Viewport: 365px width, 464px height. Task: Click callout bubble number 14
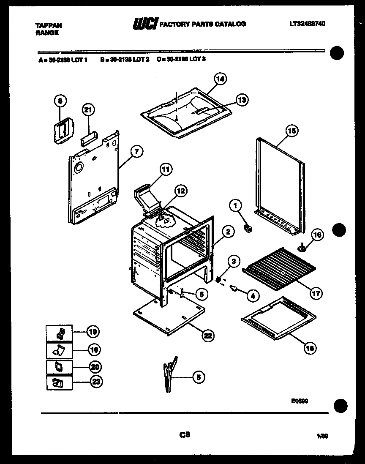click(220, 79)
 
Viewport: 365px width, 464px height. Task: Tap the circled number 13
click(241, 100)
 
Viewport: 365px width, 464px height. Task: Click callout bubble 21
click(87, 110)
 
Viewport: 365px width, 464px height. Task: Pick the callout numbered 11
click(166, 170)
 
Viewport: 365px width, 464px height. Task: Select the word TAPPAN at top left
click(46, 25)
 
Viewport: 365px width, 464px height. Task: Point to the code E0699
click(299, 401)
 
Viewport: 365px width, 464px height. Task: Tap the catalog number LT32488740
click(308, 24)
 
